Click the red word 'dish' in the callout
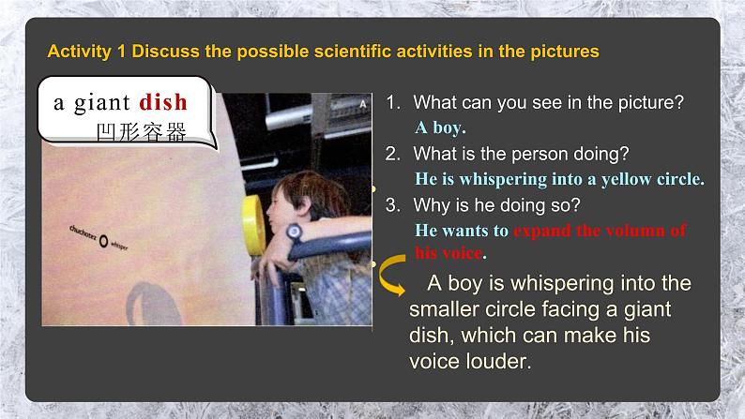coord(163,102)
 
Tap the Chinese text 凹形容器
coord(141,132)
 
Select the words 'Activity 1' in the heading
coord(86,52)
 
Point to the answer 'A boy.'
coord(440,127)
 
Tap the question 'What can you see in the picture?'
coord(547,102)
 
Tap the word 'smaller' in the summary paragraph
coord(447,308)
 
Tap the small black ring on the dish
coord(102,239)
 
